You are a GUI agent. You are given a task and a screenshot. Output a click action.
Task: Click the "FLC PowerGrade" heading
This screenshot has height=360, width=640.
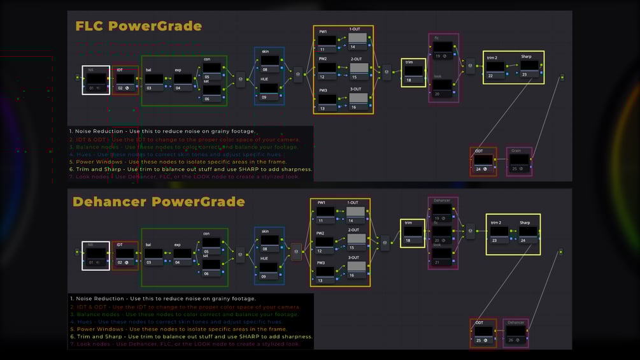coord(138,26)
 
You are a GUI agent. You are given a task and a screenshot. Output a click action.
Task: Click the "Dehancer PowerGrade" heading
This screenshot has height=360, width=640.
coord(159,202)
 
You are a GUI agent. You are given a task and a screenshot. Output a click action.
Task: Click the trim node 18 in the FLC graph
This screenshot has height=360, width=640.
coord(413,73)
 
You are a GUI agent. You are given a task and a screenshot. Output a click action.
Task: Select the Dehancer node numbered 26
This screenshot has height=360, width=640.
coord(516,333)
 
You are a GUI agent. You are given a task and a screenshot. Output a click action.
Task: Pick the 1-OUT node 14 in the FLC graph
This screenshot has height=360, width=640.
coord(357,41)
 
